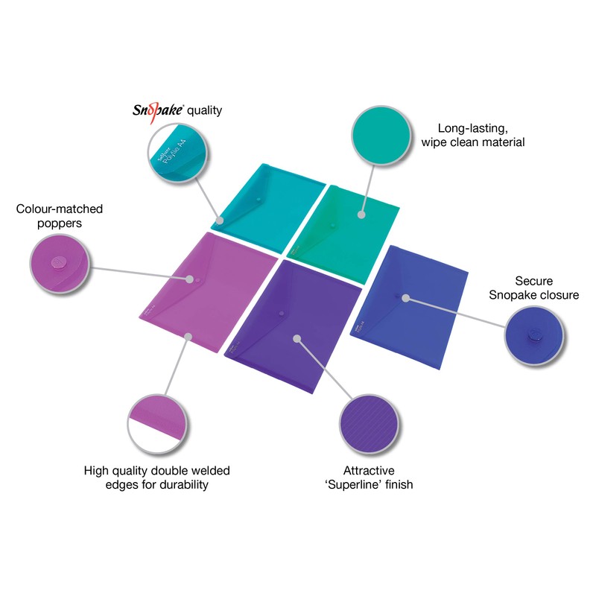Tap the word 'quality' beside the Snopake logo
pos(205,111)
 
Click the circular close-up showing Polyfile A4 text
pos(177,156)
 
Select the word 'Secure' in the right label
pos(533,281)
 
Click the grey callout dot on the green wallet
pos(361,215)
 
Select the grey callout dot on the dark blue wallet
pos(406,297)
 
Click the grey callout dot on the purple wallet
pos(297,339)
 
